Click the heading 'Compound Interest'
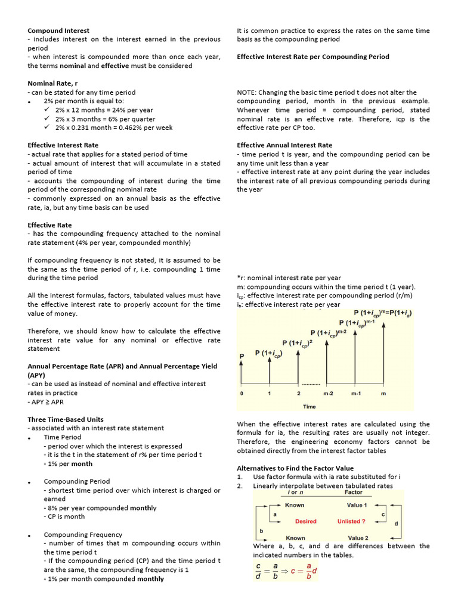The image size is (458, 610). (x=58, y=30)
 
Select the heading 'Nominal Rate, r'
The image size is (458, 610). (x=52, y=83)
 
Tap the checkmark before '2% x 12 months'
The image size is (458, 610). (x=48, y=110)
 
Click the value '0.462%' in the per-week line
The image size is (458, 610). (x=129, y=127)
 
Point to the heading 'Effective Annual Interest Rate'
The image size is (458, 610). (x=284, y=145)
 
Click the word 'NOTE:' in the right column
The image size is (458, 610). (x=247, y=92)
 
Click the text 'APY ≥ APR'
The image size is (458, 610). (x=47, y=402)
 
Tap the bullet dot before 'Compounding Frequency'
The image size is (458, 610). (x=29, y=536)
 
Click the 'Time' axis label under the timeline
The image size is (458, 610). (x=310, y=406)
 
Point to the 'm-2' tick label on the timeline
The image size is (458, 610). (x=329, y=394)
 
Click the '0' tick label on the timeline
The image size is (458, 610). (x=241, y=394)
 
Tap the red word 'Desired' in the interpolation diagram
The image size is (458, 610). (x=305, y=521)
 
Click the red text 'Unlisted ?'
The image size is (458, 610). (x=351, y=521)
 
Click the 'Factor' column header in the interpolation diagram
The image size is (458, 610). (x=353, y=493)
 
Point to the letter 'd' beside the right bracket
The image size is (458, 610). (x=396, y=524)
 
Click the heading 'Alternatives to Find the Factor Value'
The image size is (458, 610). (x=295, y=468)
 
